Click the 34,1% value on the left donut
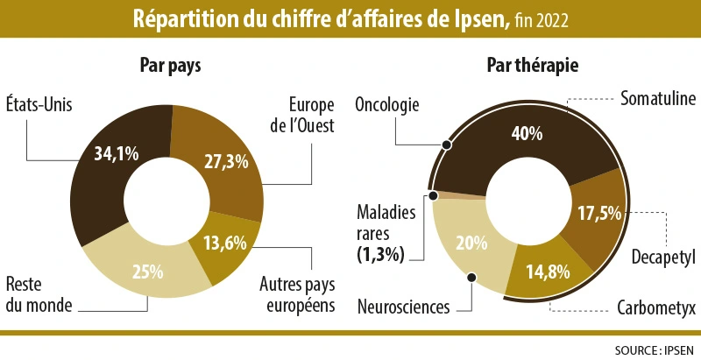117,154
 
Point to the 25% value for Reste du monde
147,271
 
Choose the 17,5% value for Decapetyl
599,212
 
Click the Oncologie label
387,105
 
